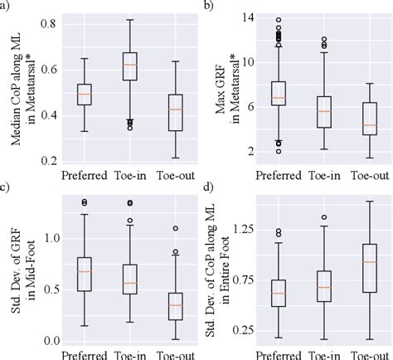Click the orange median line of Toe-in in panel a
click(130, 65)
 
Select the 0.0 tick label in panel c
click(51, 341)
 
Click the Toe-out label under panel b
click(369, 175)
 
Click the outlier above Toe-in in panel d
click(323, 217)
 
